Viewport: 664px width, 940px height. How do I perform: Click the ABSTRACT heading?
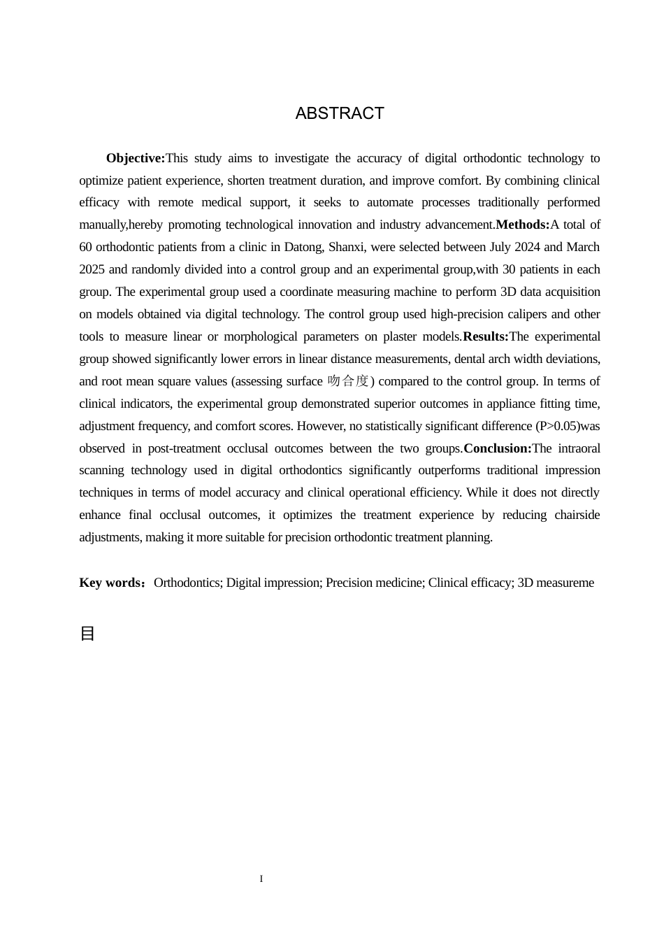(x=340, y=113)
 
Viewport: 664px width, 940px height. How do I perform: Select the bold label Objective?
(x=136, y=158)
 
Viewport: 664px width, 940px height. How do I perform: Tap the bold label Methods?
(x=523, y=225)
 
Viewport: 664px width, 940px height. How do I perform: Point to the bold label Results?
(x=486, y=336)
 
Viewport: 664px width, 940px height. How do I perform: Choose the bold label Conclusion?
(x=498, y=448)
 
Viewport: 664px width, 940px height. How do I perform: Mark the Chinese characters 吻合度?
(x=348, y=381)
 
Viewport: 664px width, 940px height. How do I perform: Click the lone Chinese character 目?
(x=87, y=634)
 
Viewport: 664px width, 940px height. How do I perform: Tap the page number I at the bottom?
(x=261, y=879)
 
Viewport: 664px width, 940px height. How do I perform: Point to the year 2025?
(x=92, y=269)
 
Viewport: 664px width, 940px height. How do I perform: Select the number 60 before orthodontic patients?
(x=85, y=247)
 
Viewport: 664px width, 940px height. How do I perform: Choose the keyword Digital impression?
(x=273, y=583)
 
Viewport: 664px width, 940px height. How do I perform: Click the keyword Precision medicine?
(x=375, y=583)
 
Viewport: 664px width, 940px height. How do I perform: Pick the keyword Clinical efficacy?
(x=470, y=583)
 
